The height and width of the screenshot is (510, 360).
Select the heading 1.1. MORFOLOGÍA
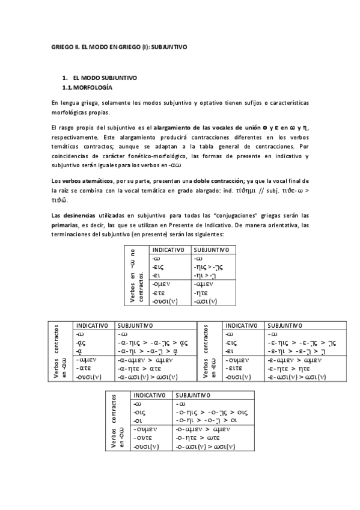point(88,88)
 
